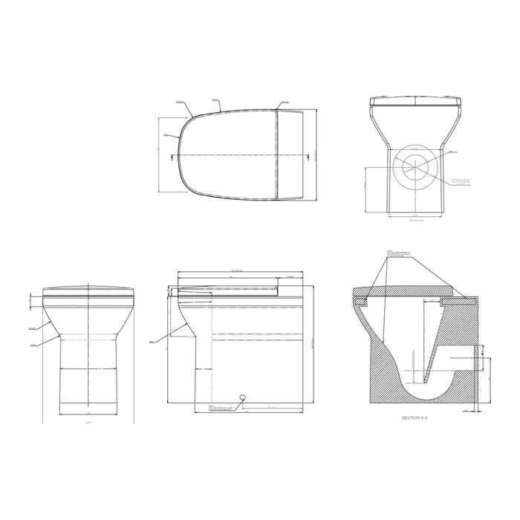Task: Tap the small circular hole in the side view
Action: coord(242,395)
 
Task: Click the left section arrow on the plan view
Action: coord(173,156)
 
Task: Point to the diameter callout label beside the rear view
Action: coord(455,152)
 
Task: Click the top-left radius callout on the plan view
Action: coord(181,103)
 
